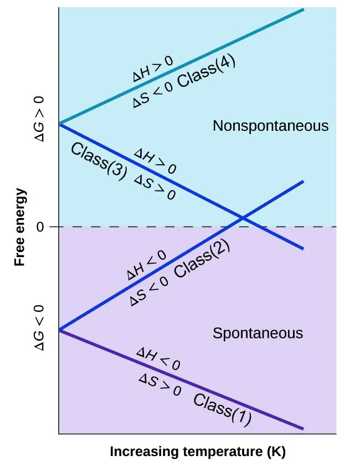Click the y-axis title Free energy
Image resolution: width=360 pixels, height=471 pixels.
(x=20, y=227)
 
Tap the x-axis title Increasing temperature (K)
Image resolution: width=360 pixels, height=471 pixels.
(x=198, y=452)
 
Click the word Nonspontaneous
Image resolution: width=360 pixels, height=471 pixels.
(x=270, y=126)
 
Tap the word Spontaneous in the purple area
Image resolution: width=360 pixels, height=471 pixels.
(x=258, y=333)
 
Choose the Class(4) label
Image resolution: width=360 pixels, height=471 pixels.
(x=208, y=74)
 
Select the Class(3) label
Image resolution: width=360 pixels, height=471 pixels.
(x=98, y=161)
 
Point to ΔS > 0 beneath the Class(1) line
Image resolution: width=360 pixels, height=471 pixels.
(x=160, y=385)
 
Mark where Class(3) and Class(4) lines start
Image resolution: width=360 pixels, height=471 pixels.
(x=59, y=124)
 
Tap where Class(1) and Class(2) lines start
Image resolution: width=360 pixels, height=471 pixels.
(x=59, y=330)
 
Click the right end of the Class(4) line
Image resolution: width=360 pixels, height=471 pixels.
(x=303, y=9)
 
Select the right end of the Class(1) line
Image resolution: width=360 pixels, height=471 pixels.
(x=303, y=428)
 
